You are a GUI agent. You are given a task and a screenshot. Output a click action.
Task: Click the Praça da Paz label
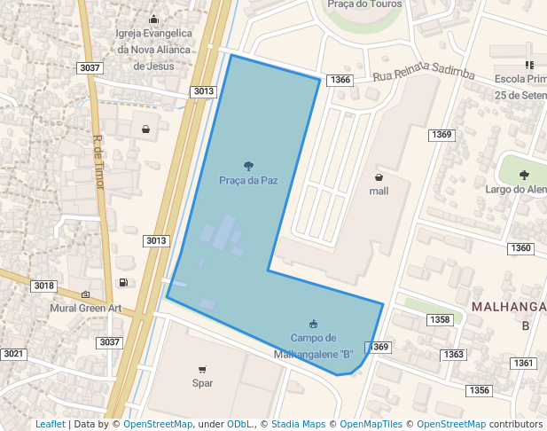click(x=248, y=180)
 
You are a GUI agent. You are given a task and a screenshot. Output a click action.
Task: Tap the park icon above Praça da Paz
click(x=248, y=165)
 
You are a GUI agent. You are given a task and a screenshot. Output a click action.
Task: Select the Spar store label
click(x=202, y=384)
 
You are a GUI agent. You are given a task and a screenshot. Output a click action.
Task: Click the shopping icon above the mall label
click(x=379, y=176)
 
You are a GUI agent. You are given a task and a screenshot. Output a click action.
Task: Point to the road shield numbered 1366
click(x=340, y=80)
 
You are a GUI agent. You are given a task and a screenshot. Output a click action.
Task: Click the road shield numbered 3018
click(x=43, y=286)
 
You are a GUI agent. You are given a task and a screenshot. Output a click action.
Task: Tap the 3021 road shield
click(x=13, y=354)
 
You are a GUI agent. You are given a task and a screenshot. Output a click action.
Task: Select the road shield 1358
click(x=440, y=319)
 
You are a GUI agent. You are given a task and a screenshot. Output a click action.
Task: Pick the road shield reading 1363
click(x=453, y=355)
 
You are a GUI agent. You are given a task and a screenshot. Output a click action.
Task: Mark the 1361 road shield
click(x=524, y=364)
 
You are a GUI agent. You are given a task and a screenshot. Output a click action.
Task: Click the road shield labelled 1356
click(x=480, y=390)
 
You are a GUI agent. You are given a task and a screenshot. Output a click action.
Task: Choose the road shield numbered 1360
click(x=521, y=248)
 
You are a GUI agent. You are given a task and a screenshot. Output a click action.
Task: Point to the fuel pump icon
click(x=122, y=283)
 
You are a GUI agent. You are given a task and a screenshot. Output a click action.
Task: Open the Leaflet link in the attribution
click(x=50, y=425)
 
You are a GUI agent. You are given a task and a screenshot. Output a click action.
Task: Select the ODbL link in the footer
click(x=239, y=425)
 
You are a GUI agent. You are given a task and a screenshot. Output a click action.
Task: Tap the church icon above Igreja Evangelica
click(x=153, y=20)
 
